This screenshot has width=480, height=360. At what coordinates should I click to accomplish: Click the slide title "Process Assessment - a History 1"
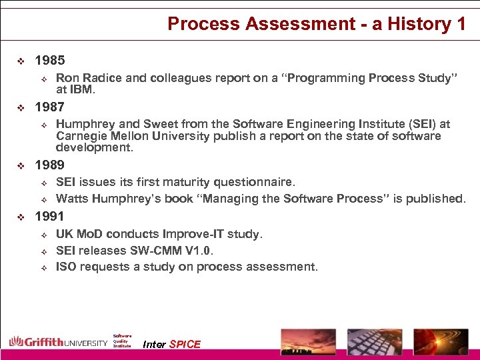click(x=317, y=24)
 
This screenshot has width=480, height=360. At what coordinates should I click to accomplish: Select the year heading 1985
click(x=49, y=61)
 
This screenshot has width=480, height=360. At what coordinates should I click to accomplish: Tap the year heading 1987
click(x=49, y=107)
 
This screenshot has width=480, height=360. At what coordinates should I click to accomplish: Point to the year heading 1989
click(x=49, y=165)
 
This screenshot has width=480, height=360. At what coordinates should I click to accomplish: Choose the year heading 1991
click(x=49, y=216)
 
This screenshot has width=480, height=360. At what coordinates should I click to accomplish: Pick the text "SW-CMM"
click(x=157, y=251)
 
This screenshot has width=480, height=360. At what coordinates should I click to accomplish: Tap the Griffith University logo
click(x=58, y=342)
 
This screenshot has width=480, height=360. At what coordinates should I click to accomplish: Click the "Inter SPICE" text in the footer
click(x=171, y=344)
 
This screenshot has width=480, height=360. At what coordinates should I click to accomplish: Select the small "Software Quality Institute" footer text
click(x=122, y=341)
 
